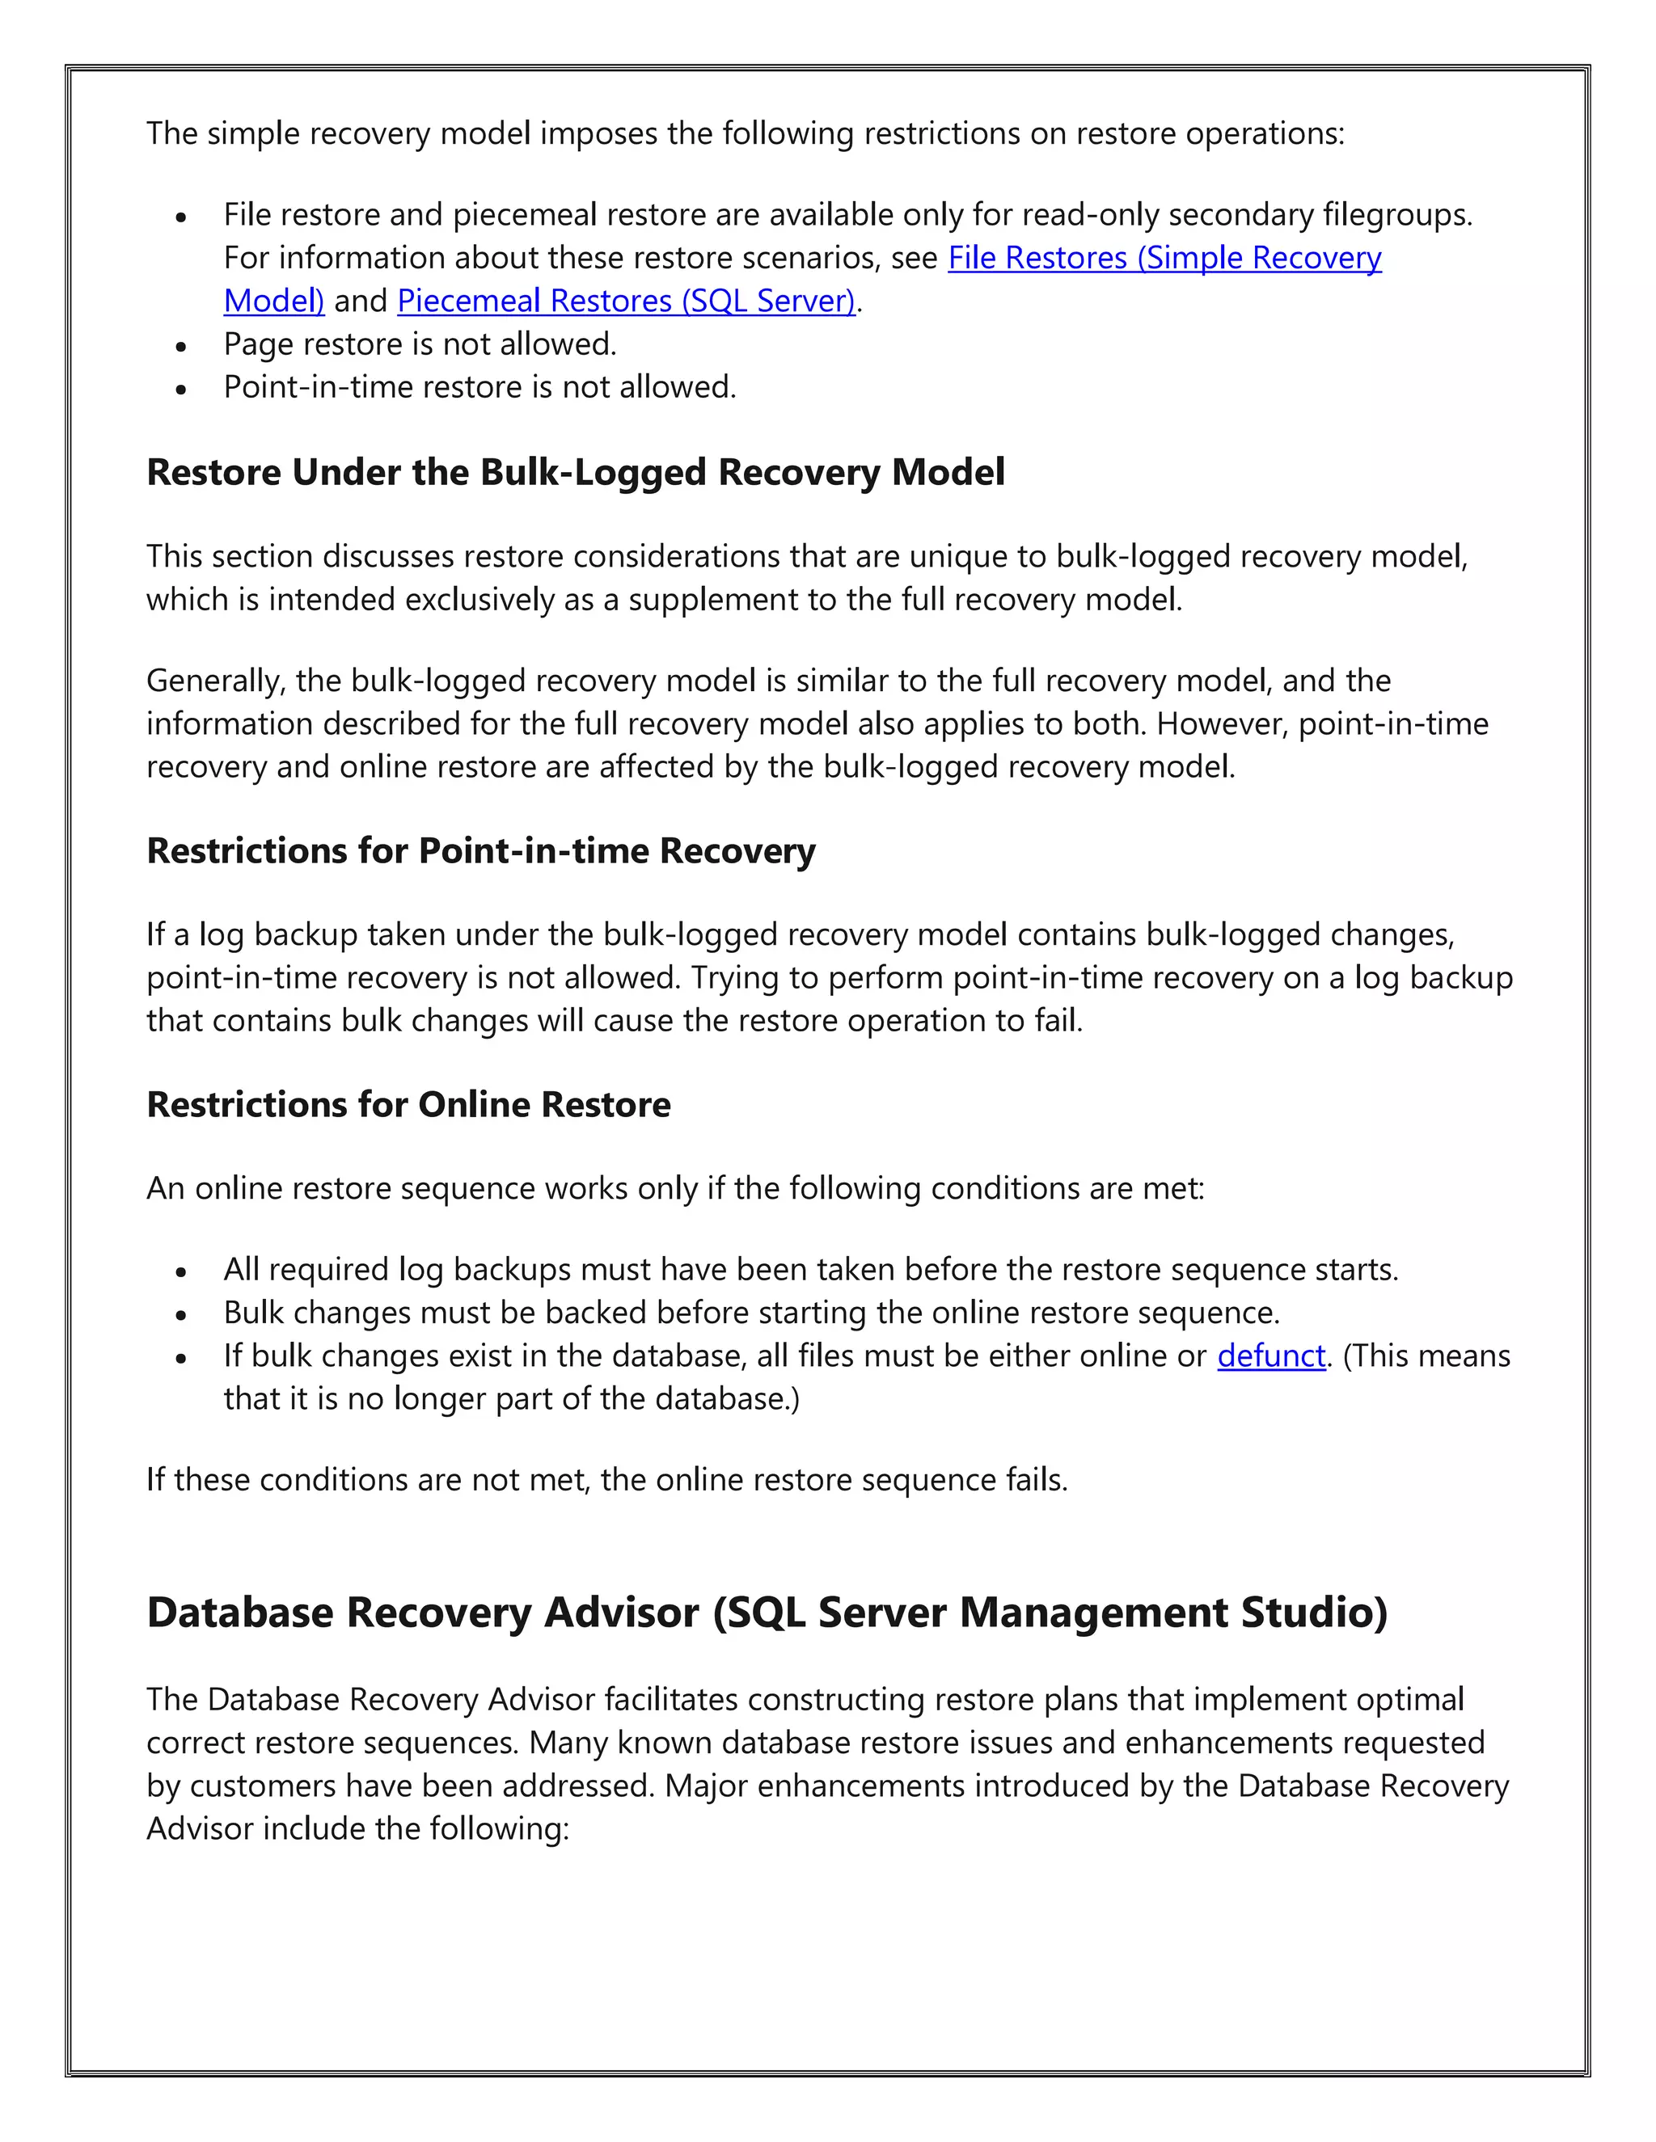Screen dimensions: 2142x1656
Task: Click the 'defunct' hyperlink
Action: tap(1270, 1356)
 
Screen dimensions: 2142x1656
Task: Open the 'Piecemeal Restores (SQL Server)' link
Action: tap(626, 301)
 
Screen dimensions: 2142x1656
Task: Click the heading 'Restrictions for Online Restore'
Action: tap(408, 1104)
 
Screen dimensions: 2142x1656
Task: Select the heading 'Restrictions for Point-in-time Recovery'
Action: tap(481, 850)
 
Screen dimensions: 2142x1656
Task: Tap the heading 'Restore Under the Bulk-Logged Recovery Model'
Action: tap(575, 473)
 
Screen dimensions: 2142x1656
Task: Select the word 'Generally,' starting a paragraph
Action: tap(216, 681)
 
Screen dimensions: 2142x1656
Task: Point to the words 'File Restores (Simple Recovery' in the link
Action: tap(1164, 258)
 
